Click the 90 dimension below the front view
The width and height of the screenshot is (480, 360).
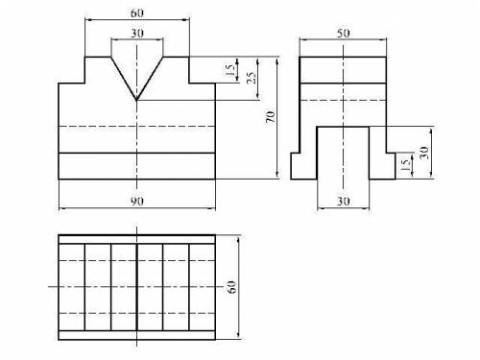pos(137,202)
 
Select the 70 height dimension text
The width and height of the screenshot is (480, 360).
pos(271,117)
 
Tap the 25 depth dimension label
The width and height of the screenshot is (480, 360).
pos(252,78)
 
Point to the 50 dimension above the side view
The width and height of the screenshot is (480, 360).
pos(343,33)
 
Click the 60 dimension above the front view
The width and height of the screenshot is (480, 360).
pos(137,13)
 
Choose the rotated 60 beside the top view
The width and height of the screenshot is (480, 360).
pos(231,287)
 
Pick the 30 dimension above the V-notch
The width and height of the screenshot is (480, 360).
pos(137,33)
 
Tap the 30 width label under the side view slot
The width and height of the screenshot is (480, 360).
pos(343,202)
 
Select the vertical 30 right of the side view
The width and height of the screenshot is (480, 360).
pos(424,153)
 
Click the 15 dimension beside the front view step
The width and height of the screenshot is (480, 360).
pos(230,70)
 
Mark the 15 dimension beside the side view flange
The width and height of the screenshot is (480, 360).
pos(405,165)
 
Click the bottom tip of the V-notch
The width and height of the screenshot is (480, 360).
pos(136,100)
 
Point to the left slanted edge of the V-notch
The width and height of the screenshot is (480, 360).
pos(124,79)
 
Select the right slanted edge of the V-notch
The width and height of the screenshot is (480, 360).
pos(150,79)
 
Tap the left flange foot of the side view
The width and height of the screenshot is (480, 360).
pos(303,166)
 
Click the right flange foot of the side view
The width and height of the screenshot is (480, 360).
pos(382,166)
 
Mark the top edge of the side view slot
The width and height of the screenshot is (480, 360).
pos(343,127)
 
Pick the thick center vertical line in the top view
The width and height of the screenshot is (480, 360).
pos(136,287)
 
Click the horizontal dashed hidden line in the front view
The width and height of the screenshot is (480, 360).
pos(137,127)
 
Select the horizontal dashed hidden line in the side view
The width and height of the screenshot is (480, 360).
pos(343,100)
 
